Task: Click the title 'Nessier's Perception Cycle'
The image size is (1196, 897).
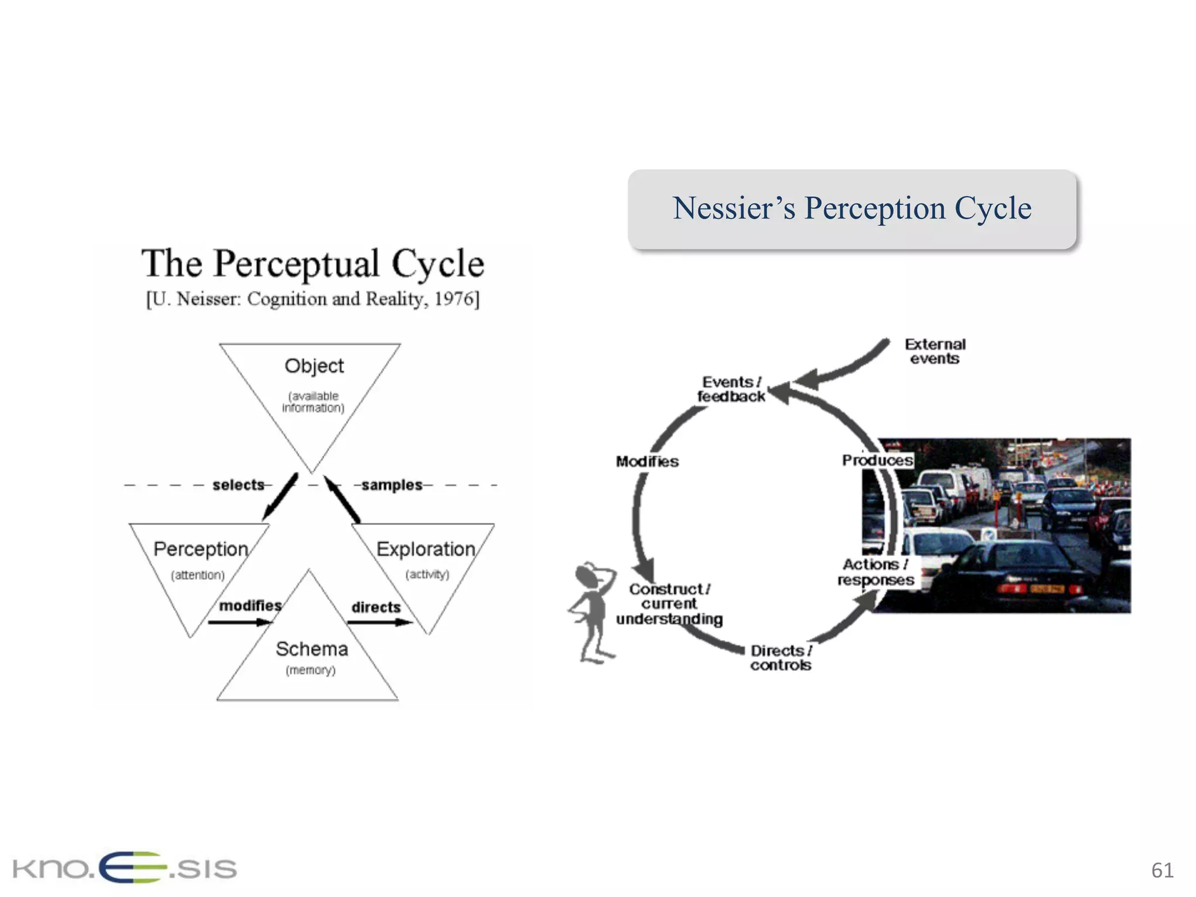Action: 851,208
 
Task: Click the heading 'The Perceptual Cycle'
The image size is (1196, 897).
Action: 312,263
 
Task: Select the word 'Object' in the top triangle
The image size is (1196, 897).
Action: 314,366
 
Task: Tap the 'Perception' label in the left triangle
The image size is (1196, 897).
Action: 200,549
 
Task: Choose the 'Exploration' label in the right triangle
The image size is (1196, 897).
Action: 425,549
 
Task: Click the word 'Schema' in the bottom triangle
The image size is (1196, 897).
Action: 311,649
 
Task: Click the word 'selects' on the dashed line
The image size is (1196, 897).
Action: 238,485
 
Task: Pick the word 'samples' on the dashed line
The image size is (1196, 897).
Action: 391,485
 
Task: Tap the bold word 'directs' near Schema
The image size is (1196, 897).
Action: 376,607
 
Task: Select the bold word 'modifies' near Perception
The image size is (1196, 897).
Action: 250,606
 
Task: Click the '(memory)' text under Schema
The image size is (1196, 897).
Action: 310,670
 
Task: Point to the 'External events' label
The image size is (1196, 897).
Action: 934,352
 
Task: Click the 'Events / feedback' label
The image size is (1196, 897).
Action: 731,390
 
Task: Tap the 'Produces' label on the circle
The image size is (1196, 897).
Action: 877,460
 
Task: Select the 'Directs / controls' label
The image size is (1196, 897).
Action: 781,658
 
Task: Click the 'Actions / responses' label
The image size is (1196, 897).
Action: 875,572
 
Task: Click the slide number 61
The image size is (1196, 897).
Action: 1162,870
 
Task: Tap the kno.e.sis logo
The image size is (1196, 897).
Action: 124,868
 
